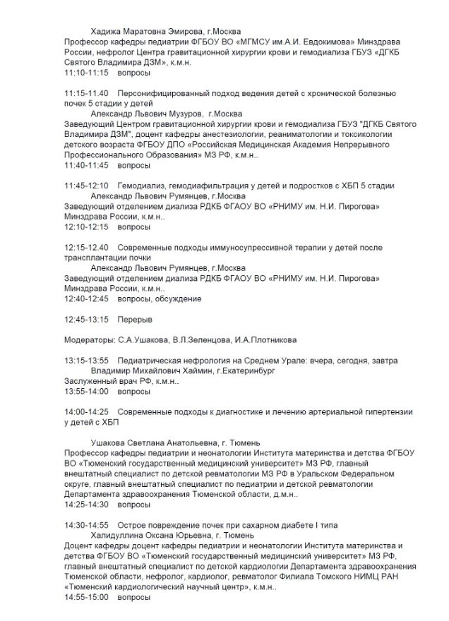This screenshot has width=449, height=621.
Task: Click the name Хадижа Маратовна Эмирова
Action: click(x=145, y=31)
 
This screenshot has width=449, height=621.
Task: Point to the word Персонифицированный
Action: click(x=164, y=93)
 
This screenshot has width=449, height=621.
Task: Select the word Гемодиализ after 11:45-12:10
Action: click(x=142, y=186)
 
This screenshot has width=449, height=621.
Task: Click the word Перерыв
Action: click(x=134, y=320)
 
